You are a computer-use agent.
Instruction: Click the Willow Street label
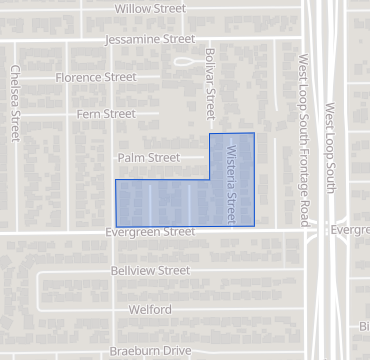click(150, 8)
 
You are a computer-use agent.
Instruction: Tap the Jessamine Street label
click(150, 40)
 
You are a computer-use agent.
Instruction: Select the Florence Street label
click(96, 77)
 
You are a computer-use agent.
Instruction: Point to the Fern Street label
click(105, 114)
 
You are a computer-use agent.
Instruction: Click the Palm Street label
click(148, 158)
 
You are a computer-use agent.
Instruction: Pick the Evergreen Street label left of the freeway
click(150, 232)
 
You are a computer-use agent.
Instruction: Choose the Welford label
click(150, 309)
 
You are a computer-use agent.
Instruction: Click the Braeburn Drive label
click(149, 351)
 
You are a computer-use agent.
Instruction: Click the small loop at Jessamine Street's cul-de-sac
click(184, 61)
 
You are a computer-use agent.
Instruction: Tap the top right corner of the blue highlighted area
click(254, 133)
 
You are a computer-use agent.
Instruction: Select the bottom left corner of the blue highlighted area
click(116, 225)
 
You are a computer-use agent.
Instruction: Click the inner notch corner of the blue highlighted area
click(209, 180)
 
